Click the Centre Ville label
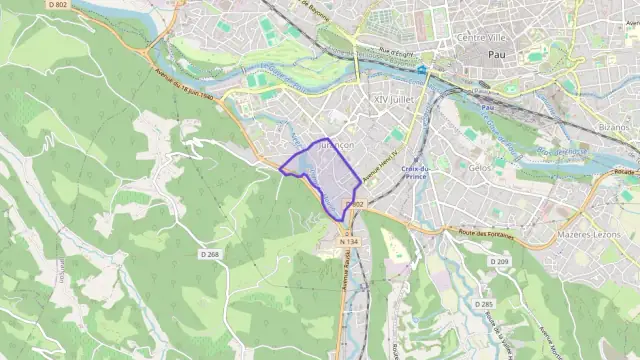click(x=478, y=38)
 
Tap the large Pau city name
click(x=495, y=55)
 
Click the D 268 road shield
click(x=209, y=254)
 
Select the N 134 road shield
click(x=348, y=241)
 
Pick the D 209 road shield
click(x=499, y=261)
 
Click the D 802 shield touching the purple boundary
click(x=354, y=205)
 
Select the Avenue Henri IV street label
click(x=379, y=166)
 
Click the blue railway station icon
click(x=423, y=70)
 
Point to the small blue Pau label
click(x=487, y=106)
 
